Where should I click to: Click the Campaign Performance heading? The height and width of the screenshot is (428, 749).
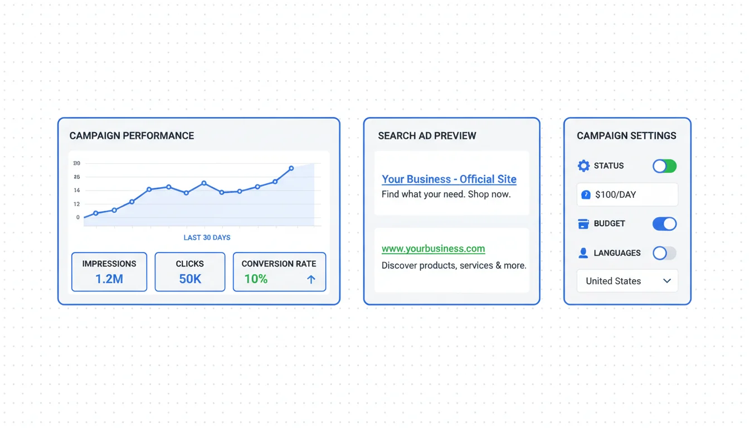pos(132,136)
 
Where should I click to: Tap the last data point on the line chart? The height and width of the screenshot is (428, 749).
pos(291,168)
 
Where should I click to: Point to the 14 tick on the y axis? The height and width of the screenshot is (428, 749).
pos(77,190)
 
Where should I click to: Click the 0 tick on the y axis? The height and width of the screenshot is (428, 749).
pos(78,217)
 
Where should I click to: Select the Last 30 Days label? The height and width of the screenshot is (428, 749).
pos(207,238)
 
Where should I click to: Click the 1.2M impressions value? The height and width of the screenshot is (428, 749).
pos(109,279)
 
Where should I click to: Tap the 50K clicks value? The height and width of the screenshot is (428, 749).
pos(190,279)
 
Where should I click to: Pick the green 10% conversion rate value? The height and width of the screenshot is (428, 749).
pos(256,279)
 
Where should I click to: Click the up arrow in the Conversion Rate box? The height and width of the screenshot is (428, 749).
pos(311,279)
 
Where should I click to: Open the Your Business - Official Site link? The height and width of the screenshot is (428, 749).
pos(449,179)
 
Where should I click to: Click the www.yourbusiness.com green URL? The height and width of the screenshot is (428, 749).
pos(434,249)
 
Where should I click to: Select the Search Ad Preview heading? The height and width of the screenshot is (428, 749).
pos(427,136)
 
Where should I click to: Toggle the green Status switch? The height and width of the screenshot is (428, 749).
pos(664,166)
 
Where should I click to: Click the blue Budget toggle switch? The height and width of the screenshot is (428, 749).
pos(664,224)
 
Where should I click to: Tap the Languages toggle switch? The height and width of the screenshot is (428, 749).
pos(664,253)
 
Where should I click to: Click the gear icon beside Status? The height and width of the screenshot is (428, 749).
pos(583,166)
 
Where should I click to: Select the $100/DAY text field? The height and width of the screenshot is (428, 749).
pos(628,194)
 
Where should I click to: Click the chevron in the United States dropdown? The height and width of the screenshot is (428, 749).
pos(667,281)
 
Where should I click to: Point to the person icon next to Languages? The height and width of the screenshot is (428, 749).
pos(583,253)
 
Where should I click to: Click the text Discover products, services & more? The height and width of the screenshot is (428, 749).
pos(454,265)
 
